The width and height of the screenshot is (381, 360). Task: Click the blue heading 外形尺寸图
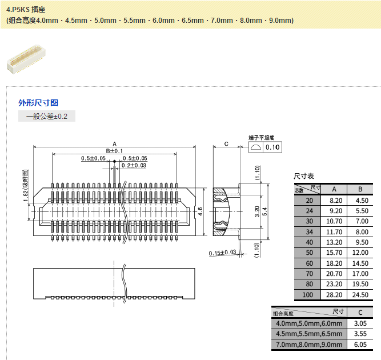pyautogui.click(x=38, y=103)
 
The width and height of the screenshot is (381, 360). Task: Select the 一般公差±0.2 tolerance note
pyautogui.click(x=47, y=117)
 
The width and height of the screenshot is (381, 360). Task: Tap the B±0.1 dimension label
pyautogui.click(x=114, y=150)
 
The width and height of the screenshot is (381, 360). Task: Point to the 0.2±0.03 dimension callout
pyautogui.click(x=134, y=165)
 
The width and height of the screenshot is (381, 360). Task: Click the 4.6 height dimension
pyautogui.click(x=200, y=212)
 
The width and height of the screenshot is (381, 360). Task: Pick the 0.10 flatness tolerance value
pyautogui.click(x=273, y=147)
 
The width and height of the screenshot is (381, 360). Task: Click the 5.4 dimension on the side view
pyautogui.click(x=264, y=212)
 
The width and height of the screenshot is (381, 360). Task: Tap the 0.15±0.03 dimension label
pyautogui.click(x=222, y=253)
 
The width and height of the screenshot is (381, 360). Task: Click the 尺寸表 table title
pyautogui.click(x=304, y=176)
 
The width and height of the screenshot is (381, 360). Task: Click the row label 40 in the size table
pyautogui.click(x=309, y=242)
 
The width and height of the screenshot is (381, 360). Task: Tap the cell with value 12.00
pyautogui.click(x=360, y=253)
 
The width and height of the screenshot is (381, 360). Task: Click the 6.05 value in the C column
pyautogui.click(x=360, y=345)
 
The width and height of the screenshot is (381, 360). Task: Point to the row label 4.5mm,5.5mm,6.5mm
pyautogui.click(x=309, y=334)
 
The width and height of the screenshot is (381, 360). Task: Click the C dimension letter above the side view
pyautogui.click(x=227, y=144)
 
